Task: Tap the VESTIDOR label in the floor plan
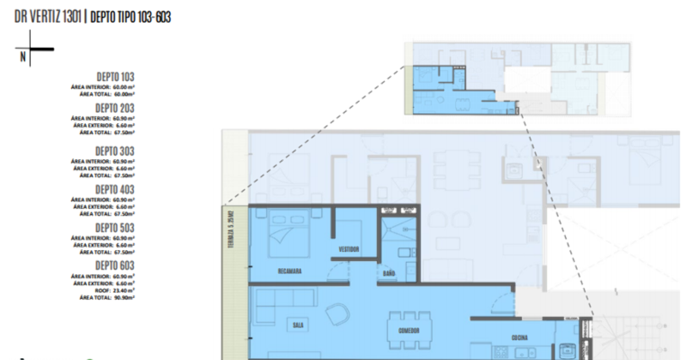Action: (x=348, y=249)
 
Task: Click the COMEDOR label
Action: (x=409, y=330)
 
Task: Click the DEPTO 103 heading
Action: (x=115, y=77)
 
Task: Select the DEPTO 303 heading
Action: (x=115, y=151)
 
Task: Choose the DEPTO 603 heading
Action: (x=115, y=265)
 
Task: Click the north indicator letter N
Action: (x=23, y=57)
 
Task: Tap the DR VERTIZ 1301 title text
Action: (x=48, y=17)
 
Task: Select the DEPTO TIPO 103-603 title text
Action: (x=131, y=17)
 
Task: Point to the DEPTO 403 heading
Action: (x=115, y=189)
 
